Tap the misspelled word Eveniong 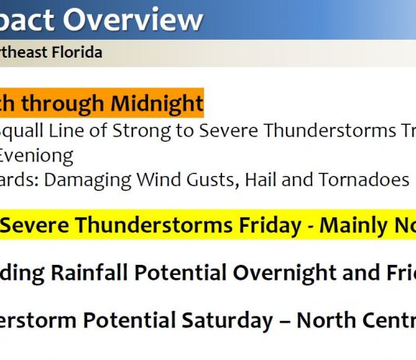point(37,155)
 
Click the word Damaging point(95,180)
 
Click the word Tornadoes point(361,180)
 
